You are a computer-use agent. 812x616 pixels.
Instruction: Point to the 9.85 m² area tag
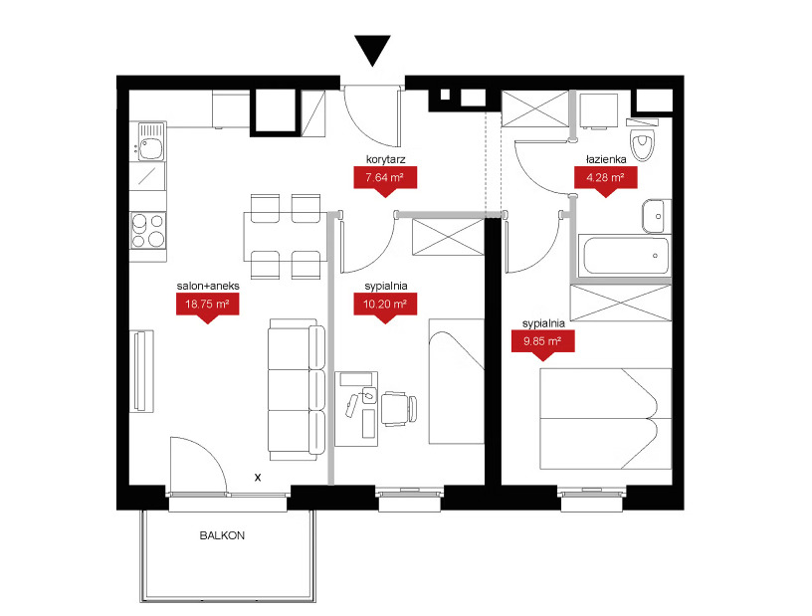[x=542, y=344]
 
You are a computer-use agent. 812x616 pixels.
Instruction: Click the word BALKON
[x=222, y=535]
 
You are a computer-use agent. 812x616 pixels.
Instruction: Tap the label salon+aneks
[x=208, y=286]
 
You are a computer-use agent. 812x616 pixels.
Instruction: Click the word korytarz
[x=385, y=159]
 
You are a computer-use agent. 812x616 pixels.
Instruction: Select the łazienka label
[x=606, y=159]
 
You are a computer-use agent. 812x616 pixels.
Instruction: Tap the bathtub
[x=624, y=256]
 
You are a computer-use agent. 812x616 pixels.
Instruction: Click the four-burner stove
[x=147, y=230]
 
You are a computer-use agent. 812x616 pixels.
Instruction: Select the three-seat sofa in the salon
[x=297, y=389]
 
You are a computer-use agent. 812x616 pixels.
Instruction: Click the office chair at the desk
[x=399, y=408]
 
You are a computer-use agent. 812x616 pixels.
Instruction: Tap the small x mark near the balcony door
[x=258, y=477]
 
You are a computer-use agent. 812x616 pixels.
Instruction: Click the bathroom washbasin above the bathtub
[x=656, y=216]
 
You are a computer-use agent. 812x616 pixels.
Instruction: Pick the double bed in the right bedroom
[x=605, y=419]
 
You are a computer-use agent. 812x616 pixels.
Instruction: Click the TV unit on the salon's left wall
[x=141, y=371]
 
